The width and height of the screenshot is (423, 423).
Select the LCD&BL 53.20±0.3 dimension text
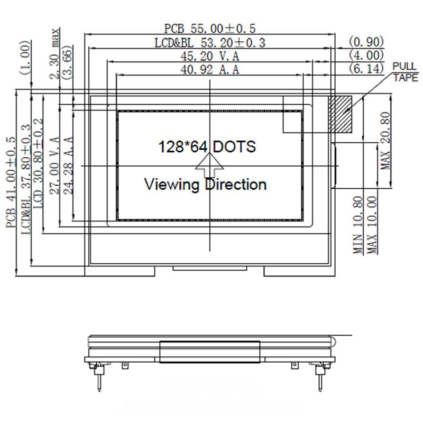pos(210,42)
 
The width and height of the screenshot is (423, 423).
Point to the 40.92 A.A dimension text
pos(210,69)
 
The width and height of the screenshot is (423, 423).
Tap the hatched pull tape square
pos(342,114)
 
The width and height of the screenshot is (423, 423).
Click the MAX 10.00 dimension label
pos(373,225)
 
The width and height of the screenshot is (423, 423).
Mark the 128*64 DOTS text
pos(207,146)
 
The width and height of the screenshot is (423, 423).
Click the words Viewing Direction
pos(205,185)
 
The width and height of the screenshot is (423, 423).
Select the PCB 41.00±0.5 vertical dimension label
pos(12,182)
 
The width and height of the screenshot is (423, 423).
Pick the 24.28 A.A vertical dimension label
pos(68,165)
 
